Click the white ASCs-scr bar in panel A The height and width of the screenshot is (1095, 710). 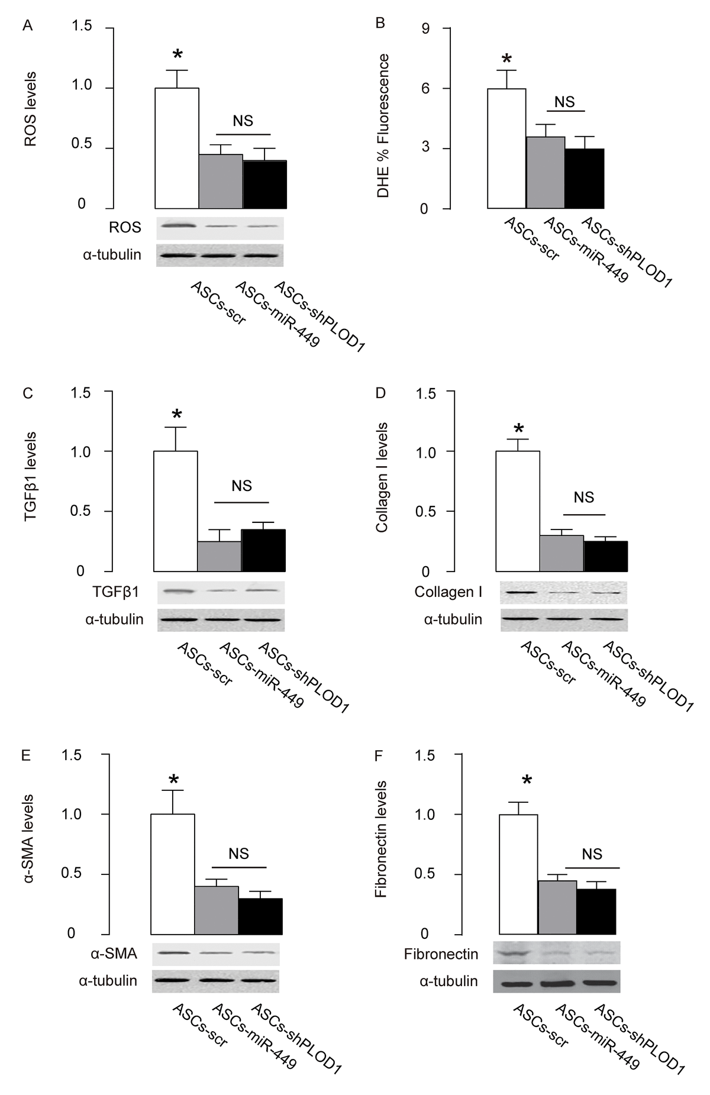coord(177,148)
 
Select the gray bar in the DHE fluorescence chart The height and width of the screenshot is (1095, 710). coord(546,173)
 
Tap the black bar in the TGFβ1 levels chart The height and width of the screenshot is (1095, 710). coord(263,550)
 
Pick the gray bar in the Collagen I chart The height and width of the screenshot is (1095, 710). coord(561,553)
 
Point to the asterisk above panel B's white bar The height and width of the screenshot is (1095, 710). coord(506,59)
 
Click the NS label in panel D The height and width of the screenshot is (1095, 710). coord(583,498)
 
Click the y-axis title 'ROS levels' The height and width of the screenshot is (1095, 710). coord(30,109)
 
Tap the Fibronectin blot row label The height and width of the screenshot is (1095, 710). coord(441,954)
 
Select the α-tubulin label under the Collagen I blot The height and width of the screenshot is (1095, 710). coord(453,619)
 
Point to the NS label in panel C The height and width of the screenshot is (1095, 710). coord(241,486)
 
